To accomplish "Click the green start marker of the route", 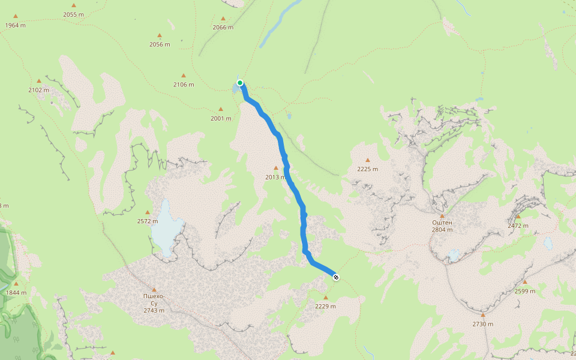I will pyautogui.click(x=240, y=83).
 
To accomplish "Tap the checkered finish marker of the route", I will pyautogui.click(x=336, y=277).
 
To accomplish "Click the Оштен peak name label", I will pyautogui.click(x=442, y=223).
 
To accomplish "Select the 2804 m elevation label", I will pyautogui.click(x=442, y=230).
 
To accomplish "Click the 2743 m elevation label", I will pyautogui.click(x=154, y=310).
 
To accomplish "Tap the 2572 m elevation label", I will pyautogui.click(x=148, y=221).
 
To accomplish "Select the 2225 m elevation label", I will pyautogui.click(x=367, y=169).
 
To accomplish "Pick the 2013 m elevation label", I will pyautogui.click(x=276, y=177).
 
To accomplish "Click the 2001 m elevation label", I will pyautogui.click(x=221, y=118).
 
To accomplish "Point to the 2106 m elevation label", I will pyautogui.click(x=184, y=85).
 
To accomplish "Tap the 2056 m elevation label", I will pyautogui.click(x=160, y=44).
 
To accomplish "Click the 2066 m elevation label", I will pyautogui.click(x=223, y=28).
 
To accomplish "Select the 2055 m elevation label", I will pyautogui.click(x=74, y=14).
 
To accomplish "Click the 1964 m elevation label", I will pyautogui.click(x=15, y=25).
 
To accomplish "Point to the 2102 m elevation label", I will pyautogui.click(x=39, y=90).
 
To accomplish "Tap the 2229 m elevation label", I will pyautogui.click(x=325, y=306).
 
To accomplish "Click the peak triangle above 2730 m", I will pyautogui.click(x=483, y=314).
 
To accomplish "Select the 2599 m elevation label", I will pyautogui.click(x=525, y=291).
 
